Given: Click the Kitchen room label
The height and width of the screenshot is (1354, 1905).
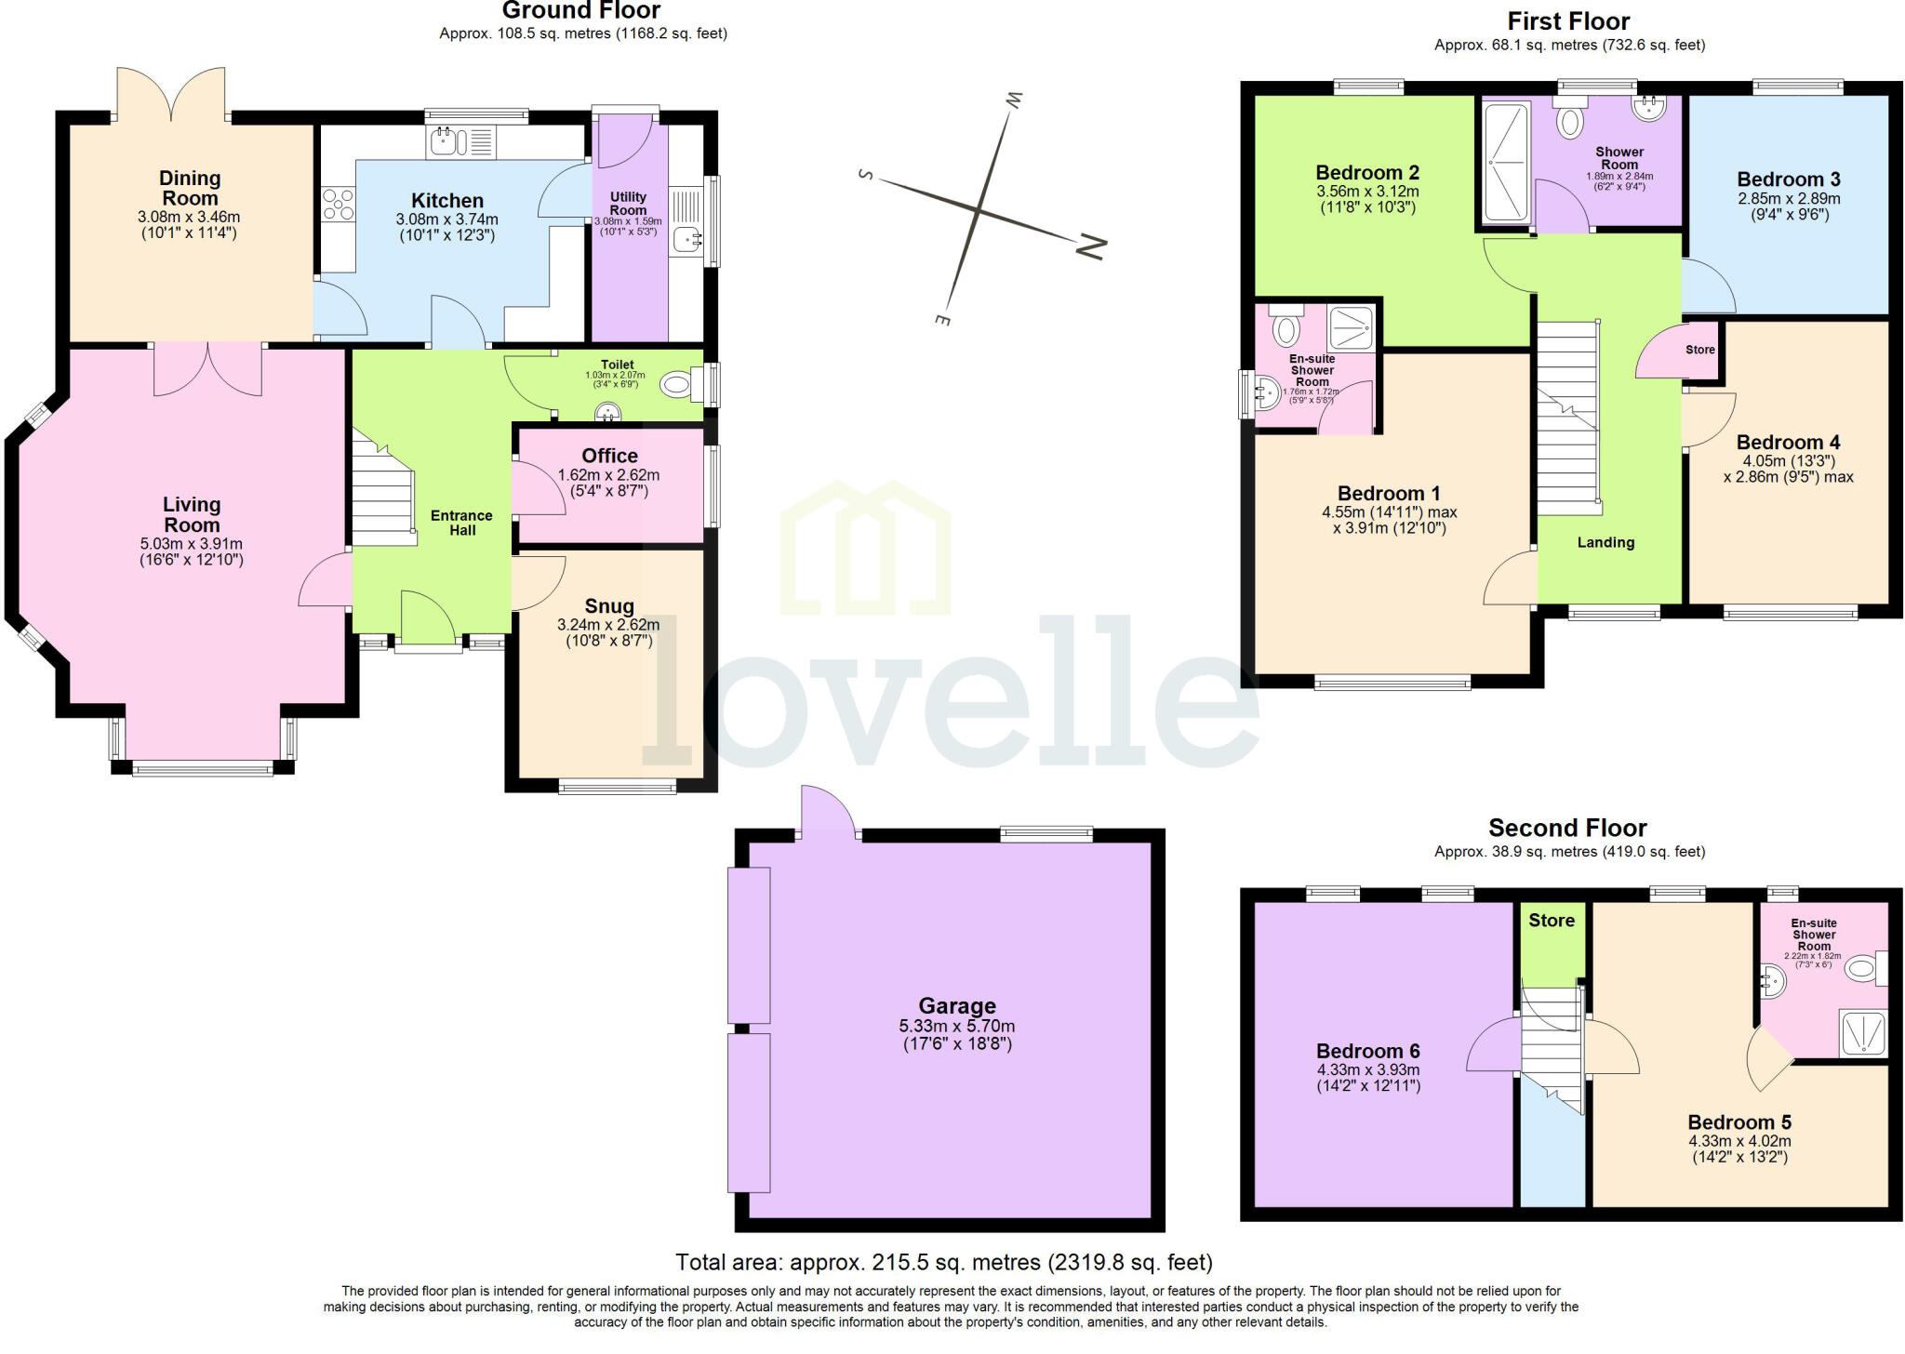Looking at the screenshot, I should click(x=447, y=201).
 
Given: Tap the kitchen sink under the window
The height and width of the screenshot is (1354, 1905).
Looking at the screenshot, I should click(x=444, y=142).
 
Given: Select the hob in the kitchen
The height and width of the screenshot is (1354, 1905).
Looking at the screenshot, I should click(x=338, y=205).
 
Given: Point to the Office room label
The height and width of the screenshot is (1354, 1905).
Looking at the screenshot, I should click(x=609, y=456).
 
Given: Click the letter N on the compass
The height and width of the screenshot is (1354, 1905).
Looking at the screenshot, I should click(x=1091, y=247).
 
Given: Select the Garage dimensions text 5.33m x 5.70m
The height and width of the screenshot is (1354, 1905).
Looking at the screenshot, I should click(x=957, y=1026).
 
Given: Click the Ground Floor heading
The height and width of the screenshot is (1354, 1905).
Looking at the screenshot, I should click(x=581, y=11).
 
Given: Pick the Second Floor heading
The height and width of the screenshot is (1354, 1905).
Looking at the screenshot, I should click(x=1567, y=828).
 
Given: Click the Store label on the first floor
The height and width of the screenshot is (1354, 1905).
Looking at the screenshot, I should click(x=1699, y=350).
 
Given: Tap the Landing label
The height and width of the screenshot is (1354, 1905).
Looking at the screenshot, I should click(x=1605, y=542).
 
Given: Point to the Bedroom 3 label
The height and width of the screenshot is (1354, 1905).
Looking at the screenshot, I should click(x=1788, y=179).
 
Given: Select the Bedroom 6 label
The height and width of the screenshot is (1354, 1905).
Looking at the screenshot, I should click(x=1367, y=1051).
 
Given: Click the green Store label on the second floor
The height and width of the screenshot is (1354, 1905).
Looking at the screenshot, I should click(x=1552, y=920).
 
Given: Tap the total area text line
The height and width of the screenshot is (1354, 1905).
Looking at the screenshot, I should click(x=943, y=1262).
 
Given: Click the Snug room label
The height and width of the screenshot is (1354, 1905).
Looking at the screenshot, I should click(x=609, y=606).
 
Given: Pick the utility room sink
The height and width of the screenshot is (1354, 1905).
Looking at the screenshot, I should click(x=688, y=240).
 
